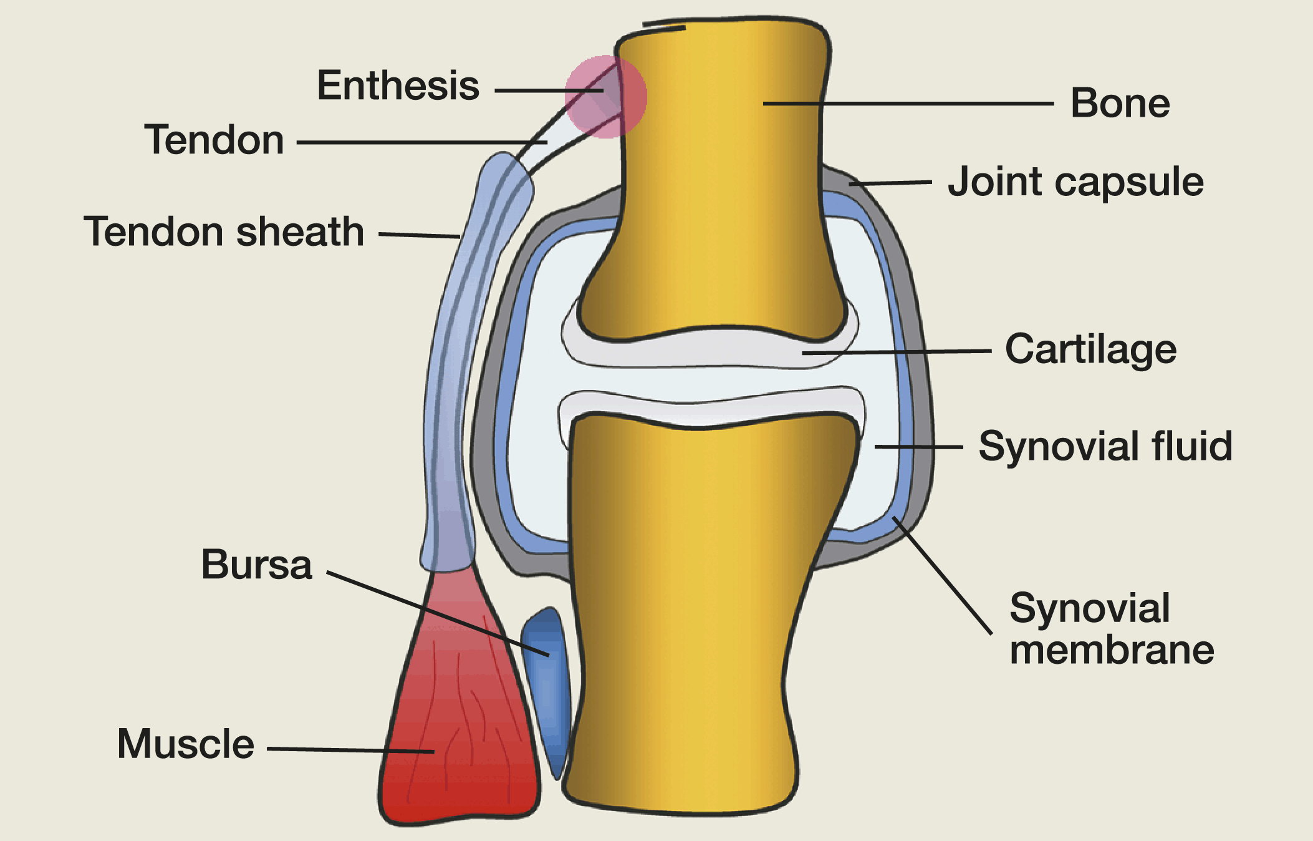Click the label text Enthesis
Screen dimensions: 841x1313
[398, 86]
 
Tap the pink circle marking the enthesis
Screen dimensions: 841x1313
[605, 96]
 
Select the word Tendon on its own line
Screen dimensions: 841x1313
[214, 140]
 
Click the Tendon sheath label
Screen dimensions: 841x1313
[224, 231]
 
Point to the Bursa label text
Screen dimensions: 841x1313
[256, 565]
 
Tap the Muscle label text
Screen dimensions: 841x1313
[185, 744]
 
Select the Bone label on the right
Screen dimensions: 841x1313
[1120, 104]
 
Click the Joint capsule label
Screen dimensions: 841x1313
[1075, 182]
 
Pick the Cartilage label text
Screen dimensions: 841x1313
[1090, 349]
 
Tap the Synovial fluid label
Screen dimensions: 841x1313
[1105, 446]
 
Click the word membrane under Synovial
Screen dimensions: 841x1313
[1112, 649]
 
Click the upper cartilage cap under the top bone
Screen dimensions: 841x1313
[711, 352]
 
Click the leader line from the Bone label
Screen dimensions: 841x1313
[904, 103]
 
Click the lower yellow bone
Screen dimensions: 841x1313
[686, 624]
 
